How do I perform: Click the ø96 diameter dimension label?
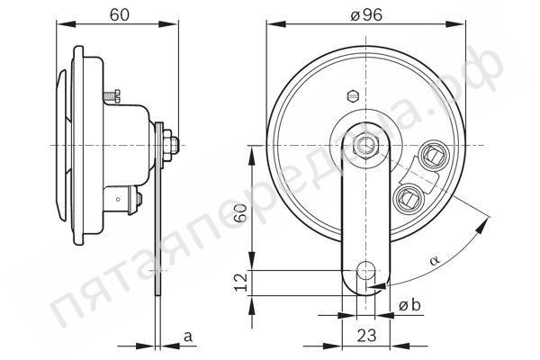366,15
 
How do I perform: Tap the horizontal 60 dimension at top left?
120,14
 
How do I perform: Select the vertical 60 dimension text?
240,214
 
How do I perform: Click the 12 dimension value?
241,283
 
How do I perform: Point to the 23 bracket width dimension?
366,335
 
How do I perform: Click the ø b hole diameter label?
409,305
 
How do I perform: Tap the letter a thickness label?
188,337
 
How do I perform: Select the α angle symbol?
435,259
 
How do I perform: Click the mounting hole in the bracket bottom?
366,271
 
